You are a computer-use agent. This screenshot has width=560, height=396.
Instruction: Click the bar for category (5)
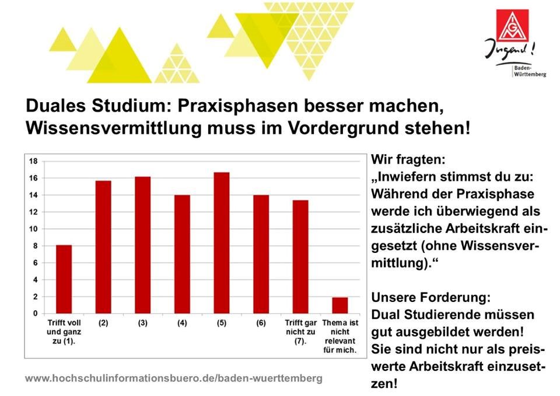click(x=222, y=243)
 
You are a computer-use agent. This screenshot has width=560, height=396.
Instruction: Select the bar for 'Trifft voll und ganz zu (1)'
click(x=64, y=279)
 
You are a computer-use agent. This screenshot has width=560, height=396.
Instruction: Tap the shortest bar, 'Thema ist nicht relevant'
click(x=339, y=305)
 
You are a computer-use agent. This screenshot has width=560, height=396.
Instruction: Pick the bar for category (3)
click(x=142, y=245)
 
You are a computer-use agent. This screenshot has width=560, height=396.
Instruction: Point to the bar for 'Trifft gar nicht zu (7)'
click(x=300, y=257)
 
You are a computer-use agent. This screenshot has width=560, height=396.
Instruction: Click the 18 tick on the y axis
click(x=33, y=161)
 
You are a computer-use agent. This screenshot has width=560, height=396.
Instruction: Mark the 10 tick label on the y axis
click(x=33, y=229)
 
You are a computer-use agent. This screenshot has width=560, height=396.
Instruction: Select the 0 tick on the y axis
click(x=36, y=314)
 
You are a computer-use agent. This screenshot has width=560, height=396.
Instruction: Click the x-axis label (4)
click(x=182, y=323)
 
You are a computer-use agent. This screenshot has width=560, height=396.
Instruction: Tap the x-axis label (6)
click(x=261, y=323)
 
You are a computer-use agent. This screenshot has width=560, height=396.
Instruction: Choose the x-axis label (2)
click(x=103, y=323)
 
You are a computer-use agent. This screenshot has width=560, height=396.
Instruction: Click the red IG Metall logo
click(x=512, y=26)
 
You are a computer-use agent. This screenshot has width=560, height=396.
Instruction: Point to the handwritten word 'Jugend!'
click(x=509, y=50)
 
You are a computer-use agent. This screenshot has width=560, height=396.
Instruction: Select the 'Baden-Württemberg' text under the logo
click(x=530, y=71)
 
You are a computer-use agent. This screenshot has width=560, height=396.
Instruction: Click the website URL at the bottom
click(x=174, y=378)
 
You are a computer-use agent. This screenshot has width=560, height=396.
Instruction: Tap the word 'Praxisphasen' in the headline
click(x=237, y=106)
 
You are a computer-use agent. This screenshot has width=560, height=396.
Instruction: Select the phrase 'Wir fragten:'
click(x=408, y=159)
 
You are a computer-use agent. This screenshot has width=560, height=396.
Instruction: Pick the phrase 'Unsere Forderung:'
click(x=430, y=297)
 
